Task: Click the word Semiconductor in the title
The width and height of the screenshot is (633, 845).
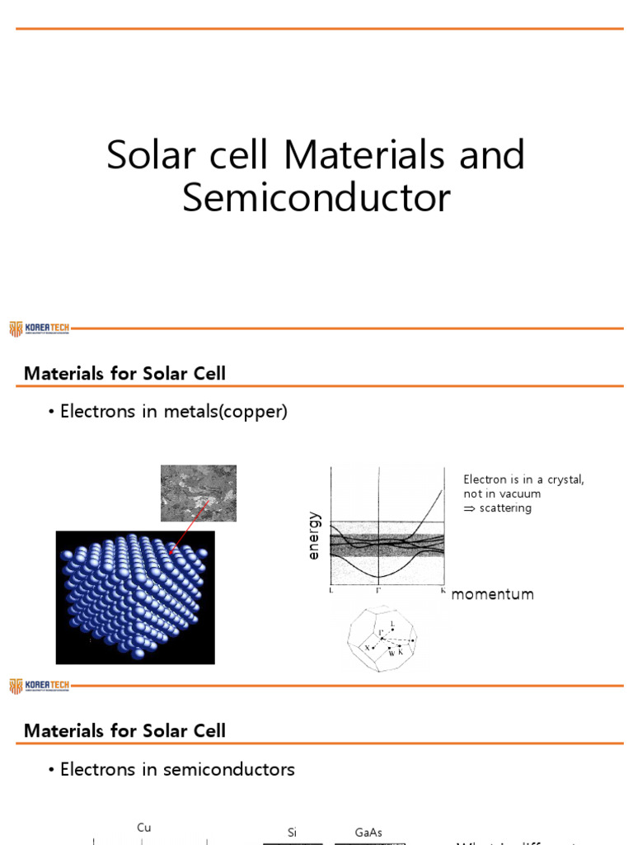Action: [316, 199]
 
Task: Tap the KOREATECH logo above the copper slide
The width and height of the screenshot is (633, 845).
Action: [39, 328]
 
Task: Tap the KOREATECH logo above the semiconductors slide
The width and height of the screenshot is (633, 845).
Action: [39, 685]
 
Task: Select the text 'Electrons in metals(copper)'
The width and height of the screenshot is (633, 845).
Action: [173, 412]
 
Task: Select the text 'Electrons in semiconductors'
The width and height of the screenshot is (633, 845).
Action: [177, 769]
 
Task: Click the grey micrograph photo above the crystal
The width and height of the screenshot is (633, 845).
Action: [197, 493]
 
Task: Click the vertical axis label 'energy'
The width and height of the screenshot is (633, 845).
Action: [313, 536]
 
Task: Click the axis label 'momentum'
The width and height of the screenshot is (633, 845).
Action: [493, 594]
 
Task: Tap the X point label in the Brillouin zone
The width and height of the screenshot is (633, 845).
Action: [368, 649]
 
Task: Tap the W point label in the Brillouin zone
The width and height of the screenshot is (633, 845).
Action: [392, 653]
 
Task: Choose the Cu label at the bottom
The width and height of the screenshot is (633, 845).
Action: [144, 828]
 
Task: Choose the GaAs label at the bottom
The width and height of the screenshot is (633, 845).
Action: [368, 833]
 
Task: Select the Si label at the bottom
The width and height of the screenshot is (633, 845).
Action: [292, 833]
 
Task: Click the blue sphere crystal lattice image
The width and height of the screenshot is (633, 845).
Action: [135, 597]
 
